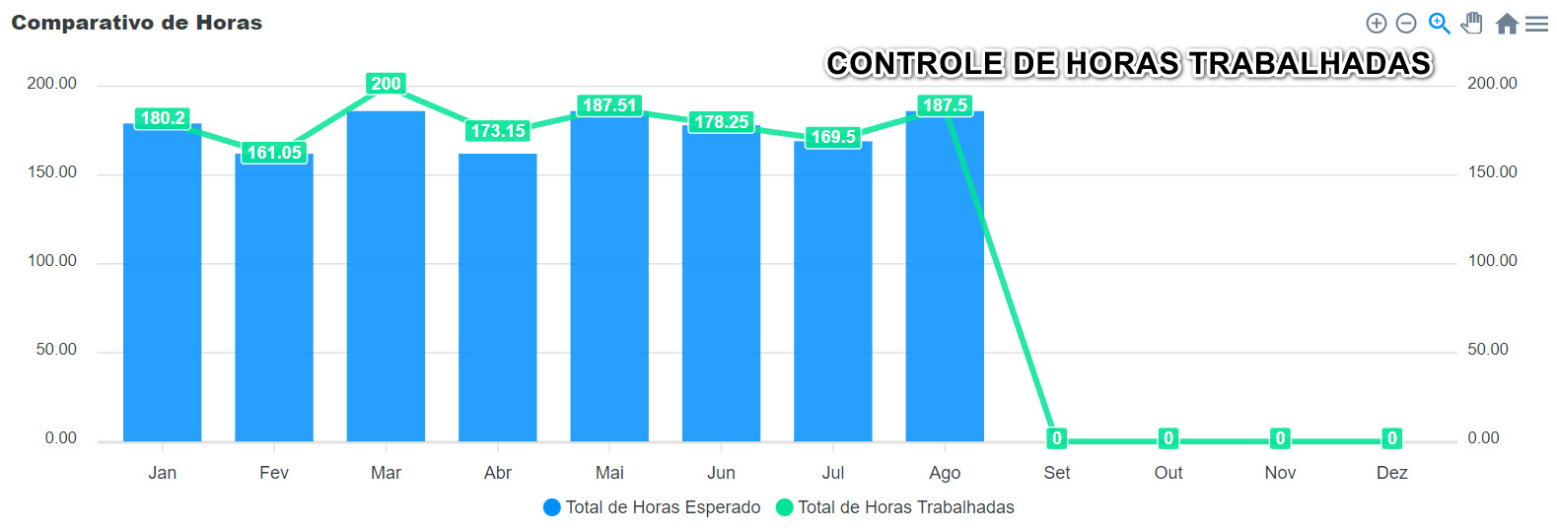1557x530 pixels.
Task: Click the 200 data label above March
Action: click(x=386, y=84)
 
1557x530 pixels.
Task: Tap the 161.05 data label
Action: click(x=274, y=153)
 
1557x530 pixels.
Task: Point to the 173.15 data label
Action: click(x=498, y=131)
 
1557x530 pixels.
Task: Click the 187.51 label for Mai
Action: click(x=609, y=105)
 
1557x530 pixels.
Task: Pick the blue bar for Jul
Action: click(x=833, y=296)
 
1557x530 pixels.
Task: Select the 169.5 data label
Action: click(x=833, y=137)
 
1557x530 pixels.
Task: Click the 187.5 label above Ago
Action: click(x=945, y=105)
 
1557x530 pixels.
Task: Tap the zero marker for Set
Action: click(x=1056, y=438)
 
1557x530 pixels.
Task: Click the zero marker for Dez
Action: click(x=1391, y=438)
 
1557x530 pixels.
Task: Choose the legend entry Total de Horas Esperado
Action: click(x=653, y=507)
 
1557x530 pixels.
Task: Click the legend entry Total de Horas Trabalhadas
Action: click(x=895, y=507)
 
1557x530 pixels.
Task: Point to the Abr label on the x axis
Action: click(x=498, y=473)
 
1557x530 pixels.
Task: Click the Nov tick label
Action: click(x=1280, y=473)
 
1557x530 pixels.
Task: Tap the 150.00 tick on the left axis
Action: click(x=52, y=172)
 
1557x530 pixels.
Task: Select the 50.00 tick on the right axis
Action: click(x=1487, y=350)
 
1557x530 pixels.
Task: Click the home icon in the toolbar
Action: click(x=1506, y=24)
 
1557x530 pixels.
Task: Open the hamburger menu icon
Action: click(x=1536, y=24)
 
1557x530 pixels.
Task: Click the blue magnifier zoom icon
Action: click(x=1439, y=24)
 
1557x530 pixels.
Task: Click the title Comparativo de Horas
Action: click(x=136, y=23)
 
